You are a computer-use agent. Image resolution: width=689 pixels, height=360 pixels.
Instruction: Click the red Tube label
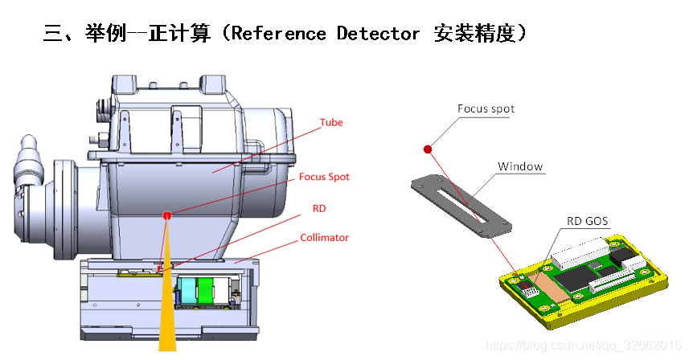[x=331, y=123]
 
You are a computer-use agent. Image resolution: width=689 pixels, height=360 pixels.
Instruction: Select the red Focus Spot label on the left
[x=324, y=177]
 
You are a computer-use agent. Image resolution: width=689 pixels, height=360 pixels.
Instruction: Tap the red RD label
[x=318, y=208]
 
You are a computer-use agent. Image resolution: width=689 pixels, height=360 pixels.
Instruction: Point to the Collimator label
[x=324, y=238]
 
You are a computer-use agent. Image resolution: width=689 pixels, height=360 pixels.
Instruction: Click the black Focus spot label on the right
[x=486, y=108]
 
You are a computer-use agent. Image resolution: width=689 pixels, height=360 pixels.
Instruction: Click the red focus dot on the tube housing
[x=167, y=215]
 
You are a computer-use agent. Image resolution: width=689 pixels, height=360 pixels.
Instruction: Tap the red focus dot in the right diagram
[x=429, y=149]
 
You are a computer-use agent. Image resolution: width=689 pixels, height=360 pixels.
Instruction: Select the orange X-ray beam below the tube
[x=166, y=313]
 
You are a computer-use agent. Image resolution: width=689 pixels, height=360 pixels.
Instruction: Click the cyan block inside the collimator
[x=190, y=291]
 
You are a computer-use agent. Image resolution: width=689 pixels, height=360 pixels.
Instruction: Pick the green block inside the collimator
[x=207, y=291]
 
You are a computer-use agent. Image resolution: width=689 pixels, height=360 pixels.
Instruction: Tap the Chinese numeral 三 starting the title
[x=52, y=34]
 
